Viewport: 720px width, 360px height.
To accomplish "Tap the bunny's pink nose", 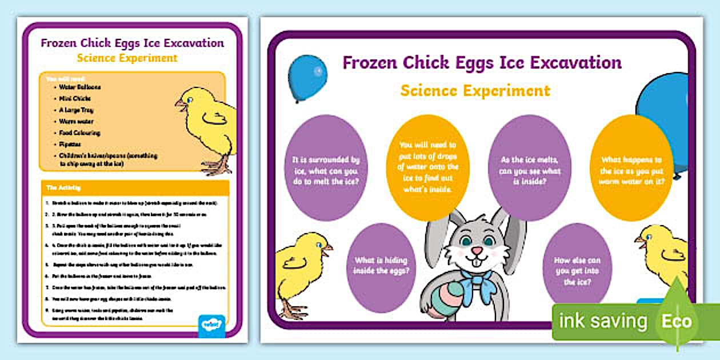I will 474,251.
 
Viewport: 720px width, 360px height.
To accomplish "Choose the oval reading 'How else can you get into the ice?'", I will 577,271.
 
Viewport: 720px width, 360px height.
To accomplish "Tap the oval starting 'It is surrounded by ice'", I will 326,170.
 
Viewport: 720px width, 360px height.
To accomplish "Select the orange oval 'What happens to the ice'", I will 631,170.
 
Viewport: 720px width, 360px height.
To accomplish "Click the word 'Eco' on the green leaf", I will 677,321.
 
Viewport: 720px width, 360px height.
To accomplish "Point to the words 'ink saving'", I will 603,321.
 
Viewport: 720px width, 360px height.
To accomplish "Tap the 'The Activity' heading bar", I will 135,187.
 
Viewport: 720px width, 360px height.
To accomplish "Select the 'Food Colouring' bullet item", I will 79,133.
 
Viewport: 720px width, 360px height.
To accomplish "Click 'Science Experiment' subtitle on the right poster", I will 475,90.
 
